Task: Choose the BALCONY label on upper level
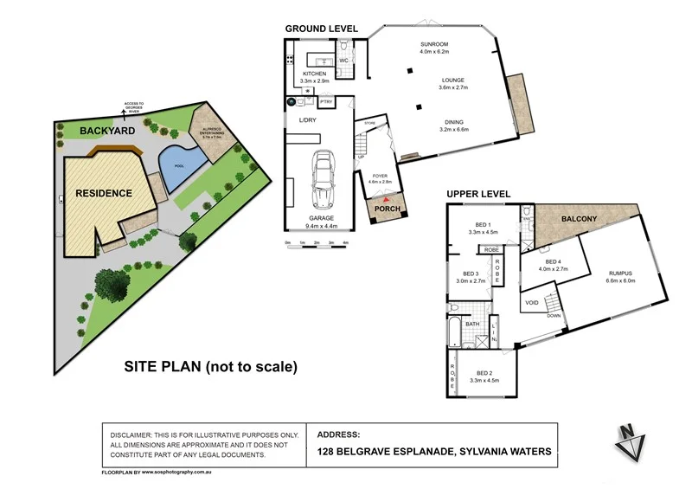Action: [580, 219]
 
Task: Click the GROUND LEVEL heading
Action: [324, 29]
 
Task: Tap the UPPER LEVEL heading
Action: [478, 194]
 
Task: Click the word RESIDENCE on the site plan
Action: [103, 193]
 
